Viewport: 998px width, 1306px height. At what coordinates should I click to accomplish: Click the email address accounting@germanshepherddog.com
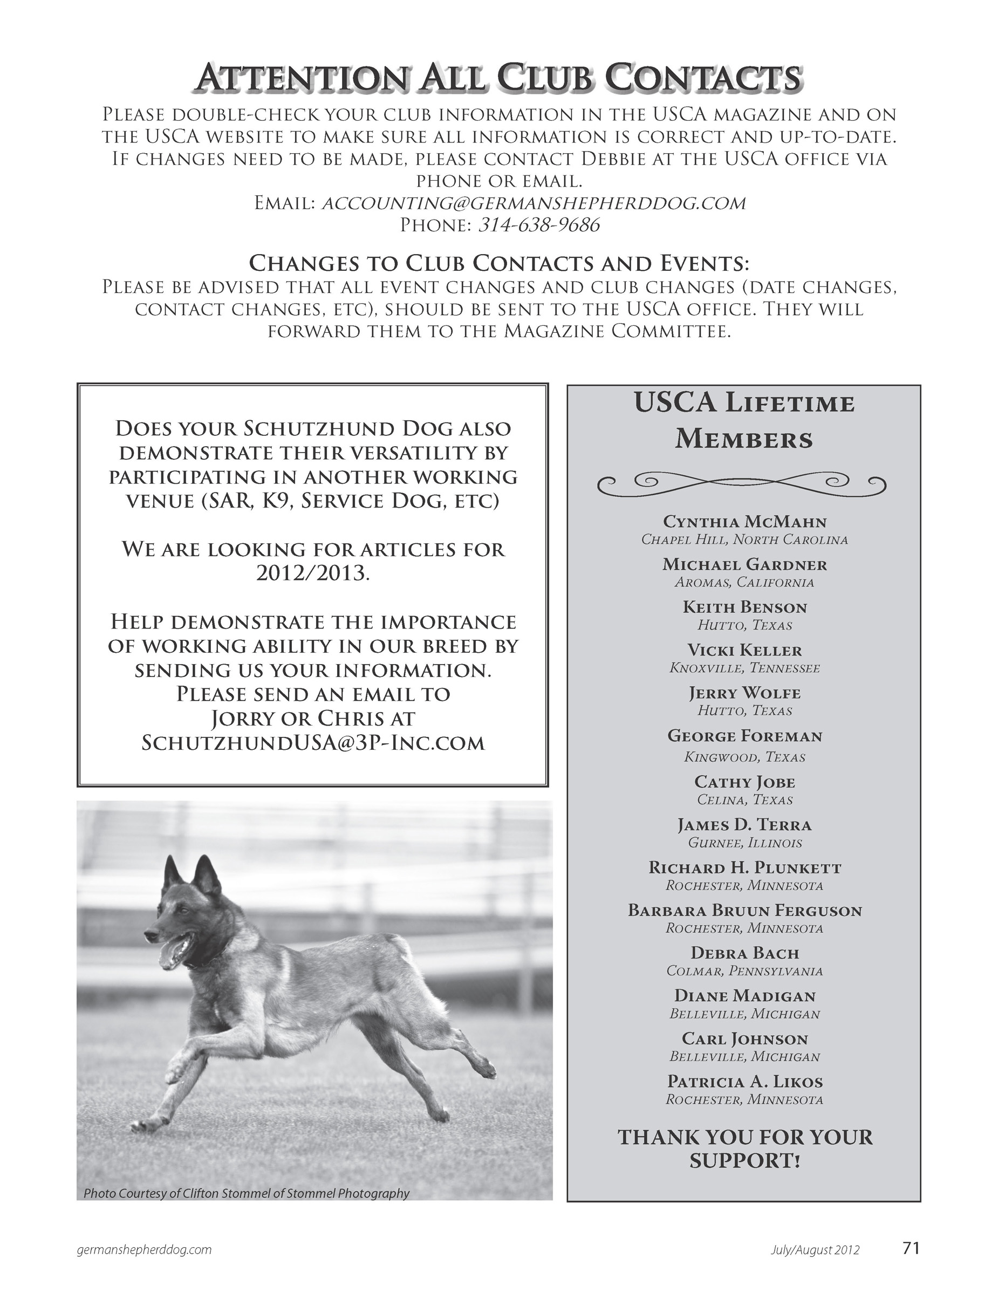coord(533,204)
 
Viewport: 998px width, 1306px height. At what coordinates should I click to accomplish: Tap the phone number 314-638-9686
coord(539,225)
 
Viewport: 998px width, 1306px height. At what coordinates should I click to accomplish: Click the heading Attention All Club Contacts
coord(499,78)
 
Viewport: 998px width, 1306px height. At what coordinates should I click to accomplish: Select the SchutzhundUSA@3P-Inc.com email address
coord(313,743)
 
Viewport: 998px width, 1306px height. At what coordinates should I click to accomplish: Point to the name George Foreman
coord(745,736)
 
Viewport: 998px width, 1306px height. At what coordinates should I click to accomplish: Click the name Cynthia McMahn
coord(745,522)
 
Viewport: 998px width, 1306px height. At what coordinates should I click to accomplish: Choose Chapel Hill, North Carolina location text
coord(745,540)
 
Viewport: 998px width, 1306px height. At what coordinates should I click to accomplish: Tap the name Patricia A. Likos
coord(745,1082)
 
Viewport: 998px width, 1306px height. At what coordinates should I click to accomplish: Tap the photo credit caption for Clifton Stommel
coord(247,1193)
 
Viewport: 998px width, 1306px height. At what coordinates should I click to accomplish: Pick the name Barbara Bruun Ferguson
coord(745,911)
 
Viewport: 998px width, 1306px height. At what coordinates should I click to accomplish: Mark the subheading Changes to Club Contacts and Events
coord(499,263)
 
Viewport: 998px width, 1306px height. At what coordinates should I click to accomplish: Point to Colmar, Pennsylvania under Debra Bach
coord(745,971)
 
